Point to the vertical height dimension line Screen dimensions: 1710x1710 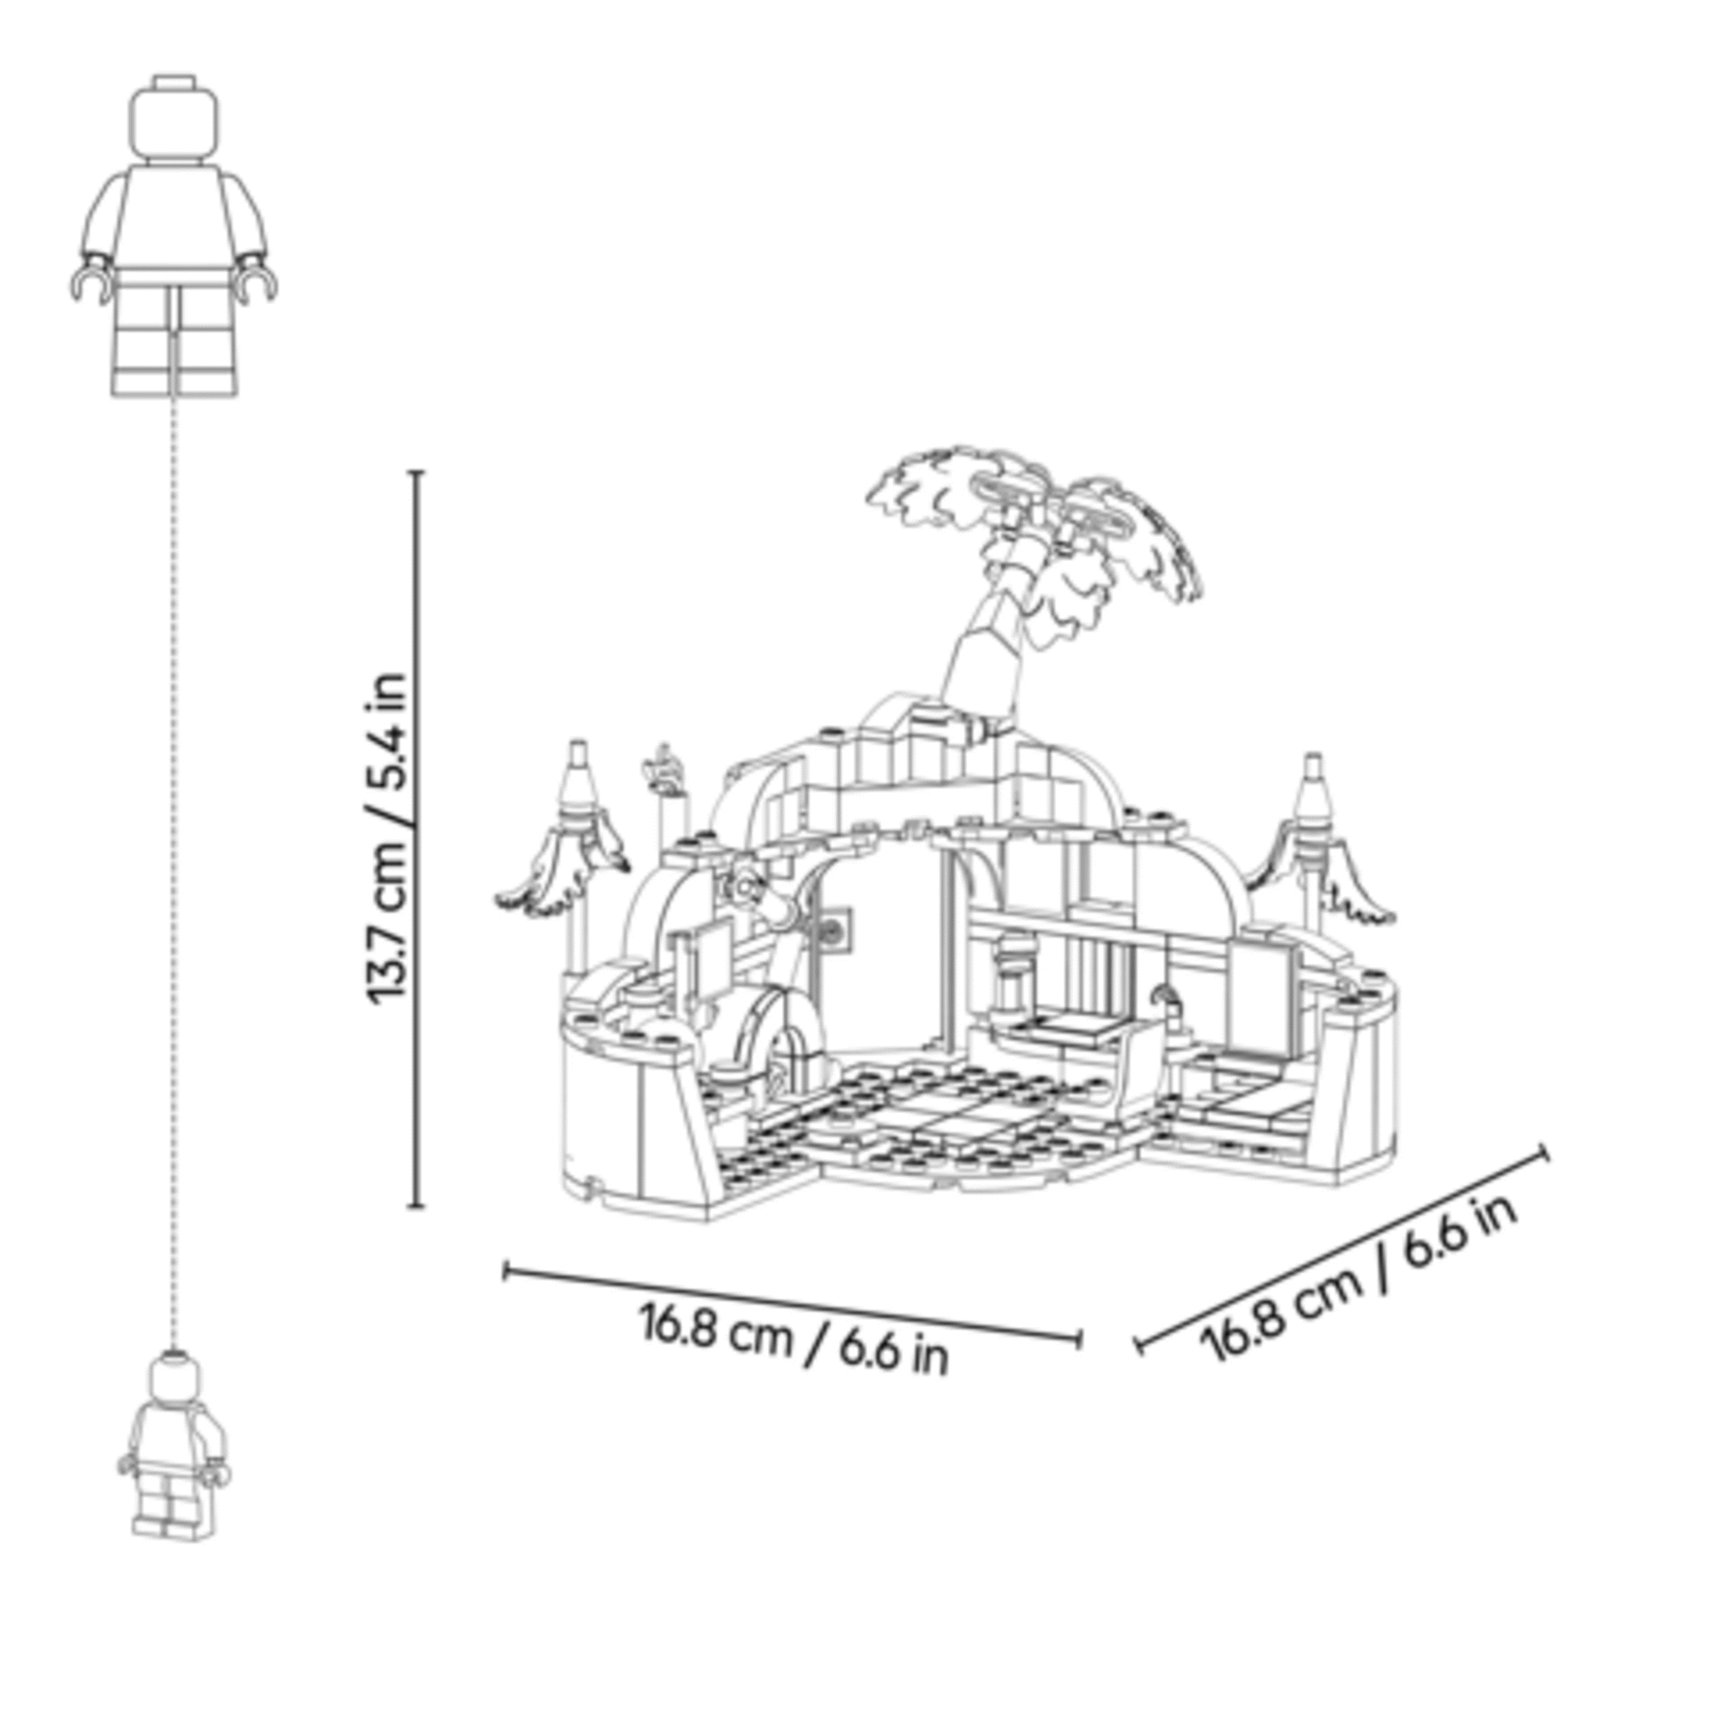[x=419, y=838]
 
